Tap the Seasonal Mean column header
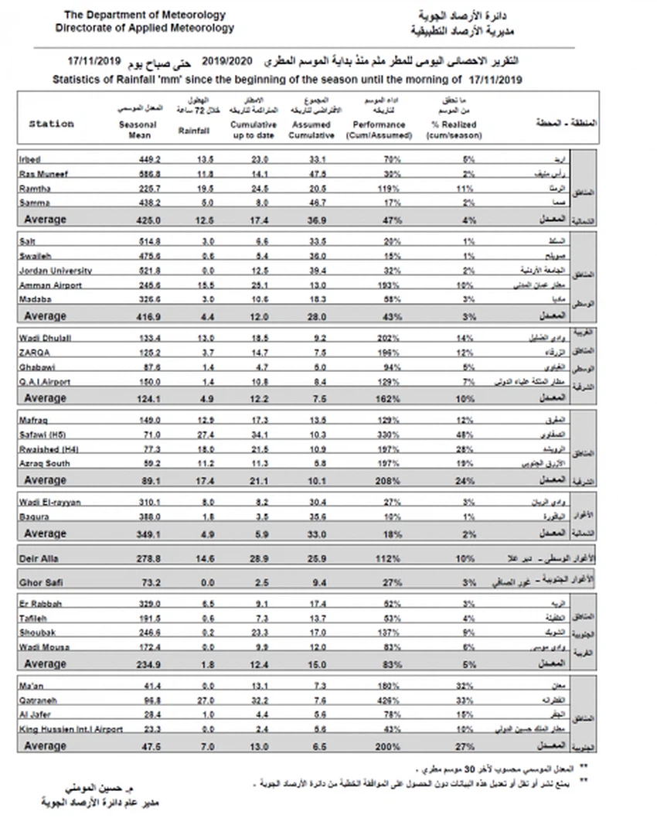(x=139, y=129)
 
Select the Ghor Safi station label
(x=39, y=581)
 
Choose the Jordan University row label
(x=55, y=271)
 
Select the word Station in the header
(x=51, y=124)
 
